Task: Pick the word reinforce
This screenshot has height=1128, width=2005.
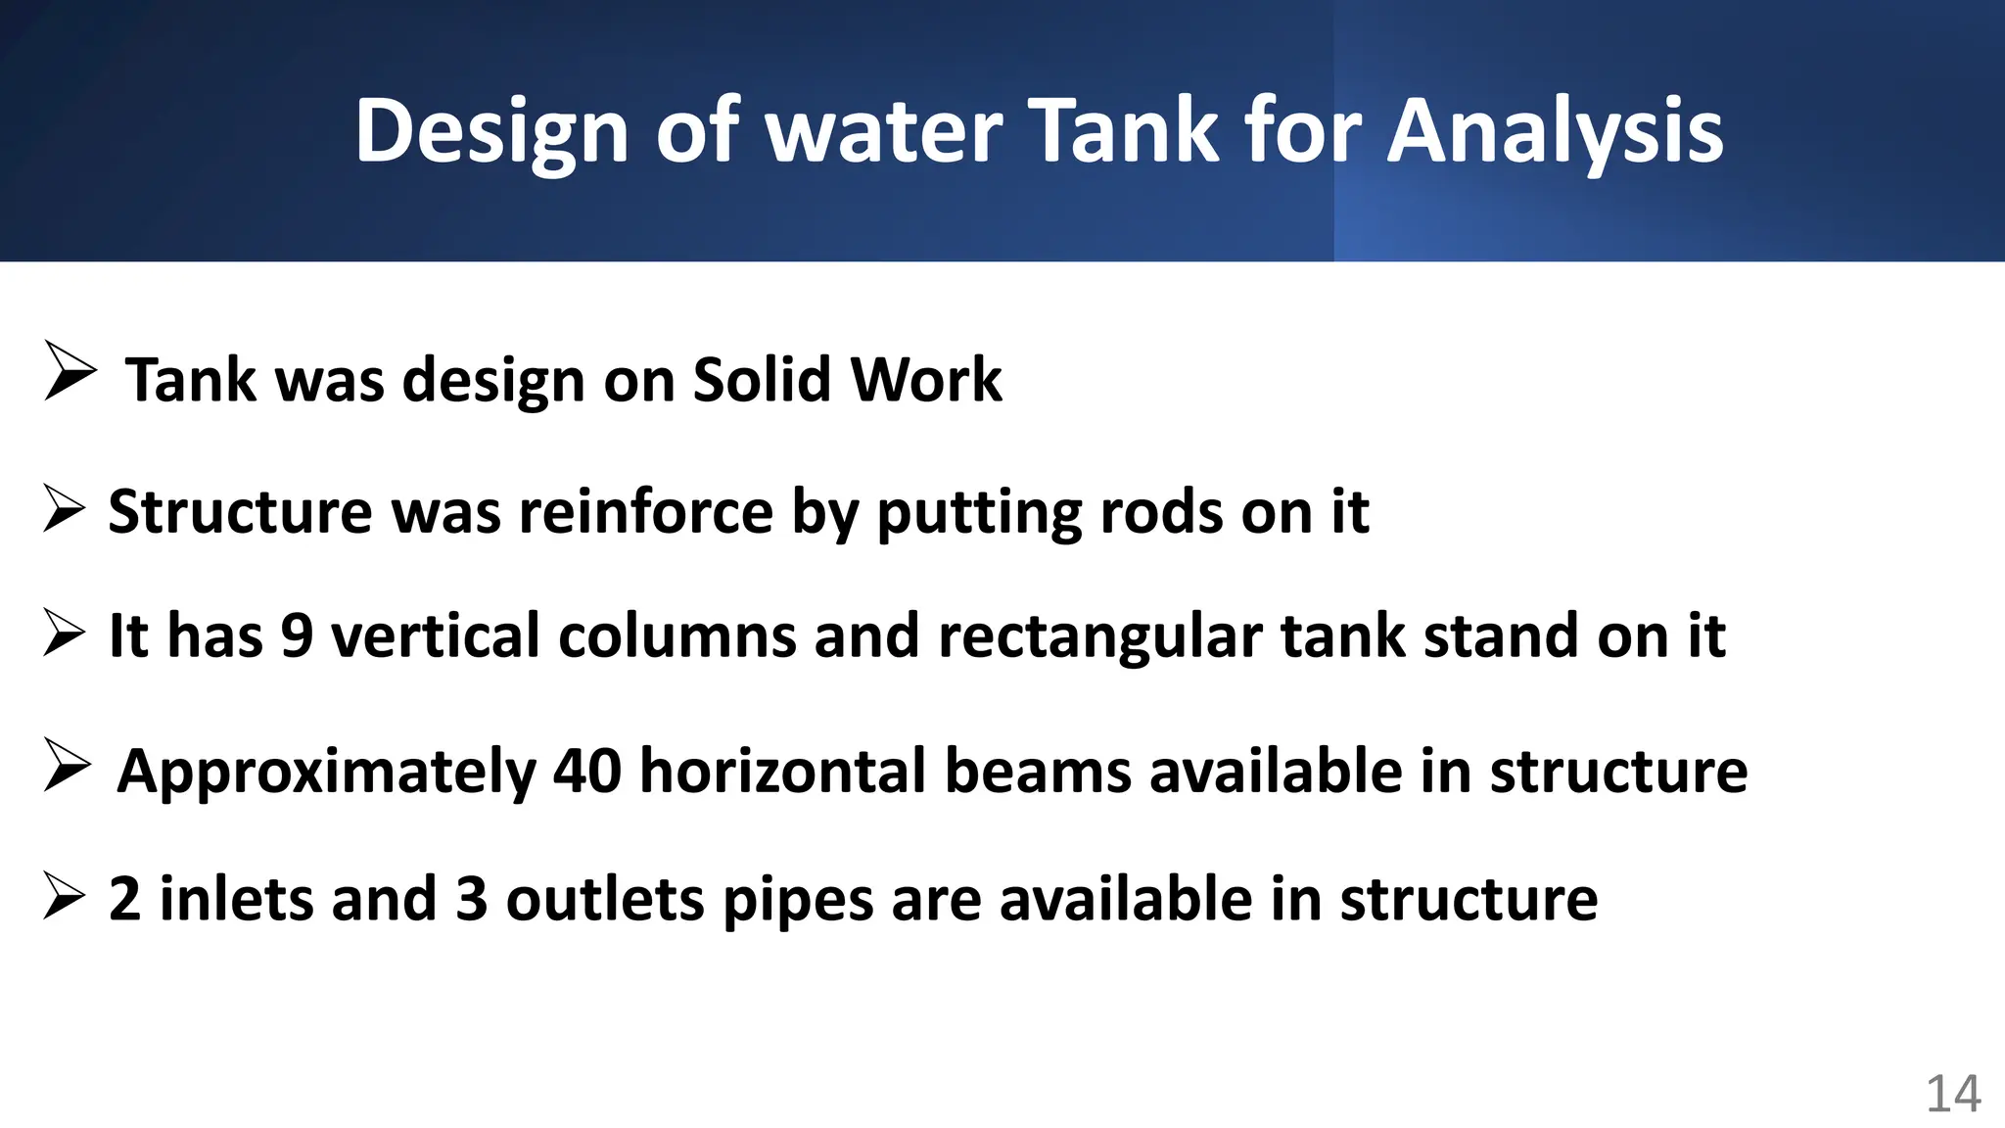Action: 646,512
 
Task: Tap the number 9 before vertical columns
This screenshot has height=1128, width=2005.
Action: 297,635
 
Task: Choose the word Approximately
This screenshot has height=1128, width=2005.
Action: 327,773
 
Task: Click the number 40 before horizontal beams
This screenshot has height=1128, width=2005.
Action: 587,771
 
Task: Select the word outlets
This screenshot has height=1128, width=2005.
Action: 604,899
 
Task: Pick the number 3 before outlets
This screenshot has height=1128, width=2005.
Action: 472,899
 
